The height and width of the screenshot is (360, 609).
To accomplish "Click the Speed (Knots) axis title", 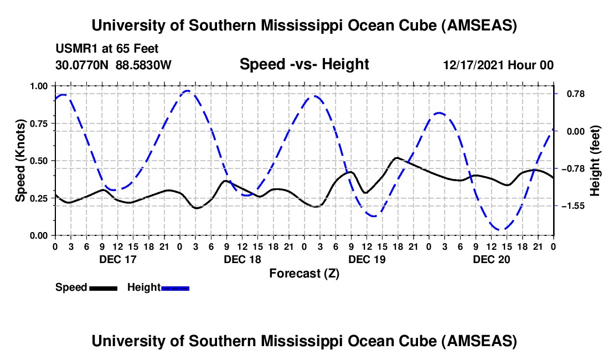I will pos(20,161).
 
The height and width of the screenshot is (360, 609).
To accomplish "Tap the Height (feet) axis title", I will pos(595,161).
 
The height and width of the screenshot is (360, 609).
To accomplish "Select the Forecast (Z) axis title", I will pos(304,273).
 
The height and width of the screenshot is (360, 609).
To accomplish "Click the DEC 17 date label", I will pos(117,259).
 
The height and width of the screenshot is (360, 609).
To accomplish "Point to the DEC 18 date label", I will pos(242,259).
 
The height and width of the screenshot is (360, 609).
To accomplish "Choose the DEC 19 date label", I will pos(367,259).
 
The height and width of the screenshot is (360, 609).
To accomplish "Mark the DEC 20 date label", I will pos(491,259).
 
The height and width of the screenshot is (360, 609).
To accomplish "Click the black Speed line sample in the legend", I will pos(103,288).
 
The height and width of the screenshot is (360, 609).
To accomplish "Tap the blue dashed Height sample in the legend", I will pos(175,288).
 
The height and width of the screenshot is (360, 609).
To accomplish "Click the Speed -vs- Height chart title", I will pos(304,64).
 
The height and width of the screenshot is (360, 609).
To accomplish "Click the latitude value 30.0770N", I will pos(82,65).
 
